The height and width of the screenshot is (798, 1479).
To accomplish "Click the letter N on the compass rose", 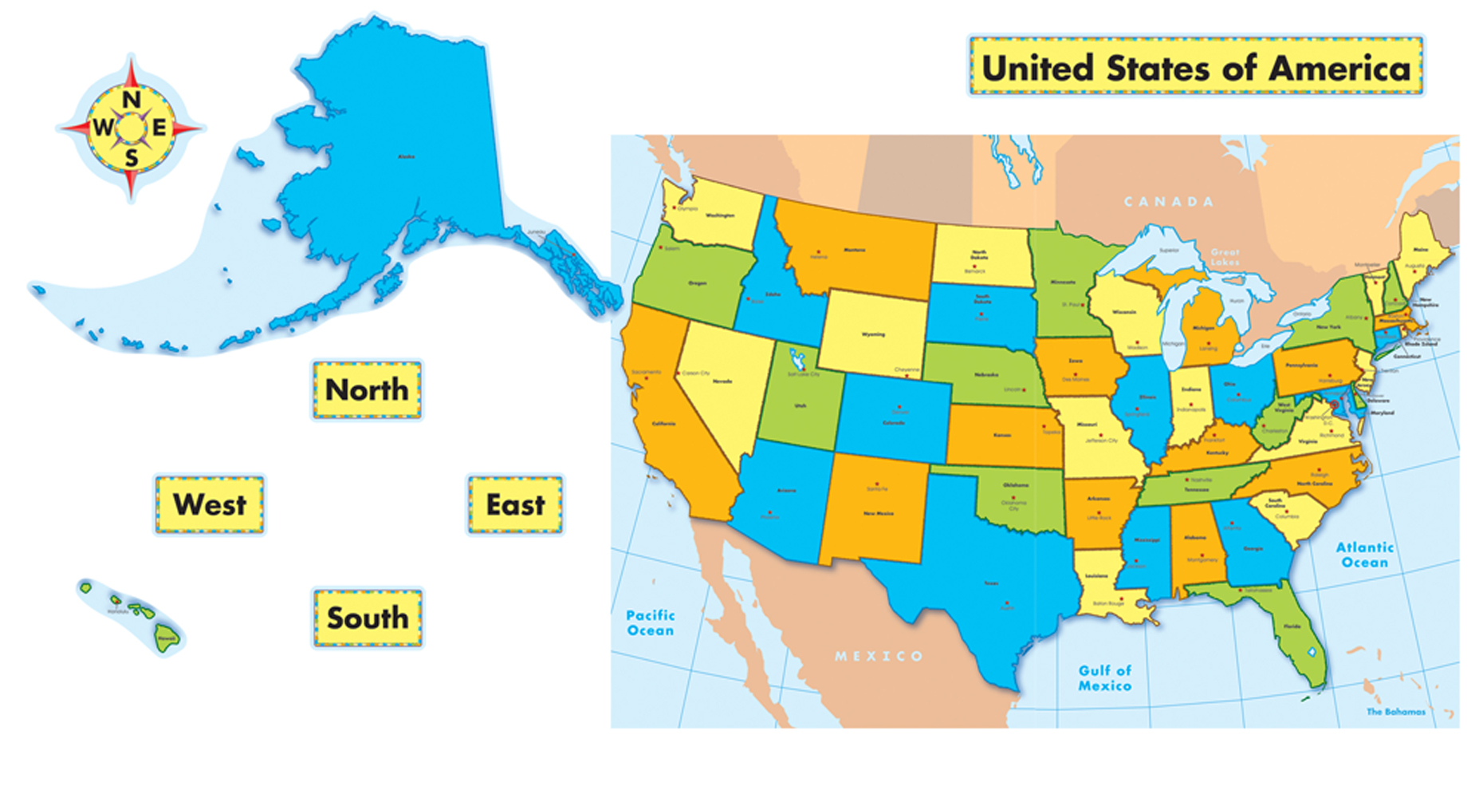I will tap(132, 100).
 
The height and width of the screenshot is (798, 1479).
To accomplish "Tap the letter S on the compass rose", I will tap(132, 158).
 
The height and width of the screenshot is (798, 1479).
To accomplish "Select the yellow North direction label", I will tap(367, 389).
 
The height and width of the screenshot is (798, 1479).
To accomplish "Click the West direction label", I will tap(210, 504).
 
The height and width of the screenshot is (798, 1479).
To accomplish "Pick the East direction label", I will tap(515, 504).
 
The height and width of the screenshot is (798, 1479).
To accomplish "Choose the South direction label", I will tap(367, 618).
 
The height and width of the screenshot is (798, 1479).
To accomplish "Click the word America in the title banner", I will tap(1339, 69).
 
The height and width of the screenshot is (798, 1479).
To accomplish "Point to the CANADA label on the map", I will tap(1169, 202).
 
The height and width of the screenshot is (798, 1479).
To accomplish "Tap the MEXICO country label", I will tap(879, 656).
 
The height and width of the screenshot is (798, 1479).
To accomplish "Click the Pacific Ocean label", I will tap(651, 622).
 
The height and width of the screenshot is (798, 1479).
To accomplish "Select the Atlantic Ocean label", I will tap(1365, 555).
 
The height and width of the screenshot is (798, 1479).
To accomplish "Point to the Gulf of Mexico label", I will tap(1105, 678).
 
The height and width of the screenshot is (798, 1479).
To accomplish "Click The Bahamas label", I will tap(1395, 712).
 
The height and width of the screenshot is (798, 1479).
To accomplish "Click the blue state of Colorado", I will tap(893, 419).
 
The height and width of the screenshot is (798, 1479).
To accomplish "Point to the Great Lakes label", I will tap(1225, 257).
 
